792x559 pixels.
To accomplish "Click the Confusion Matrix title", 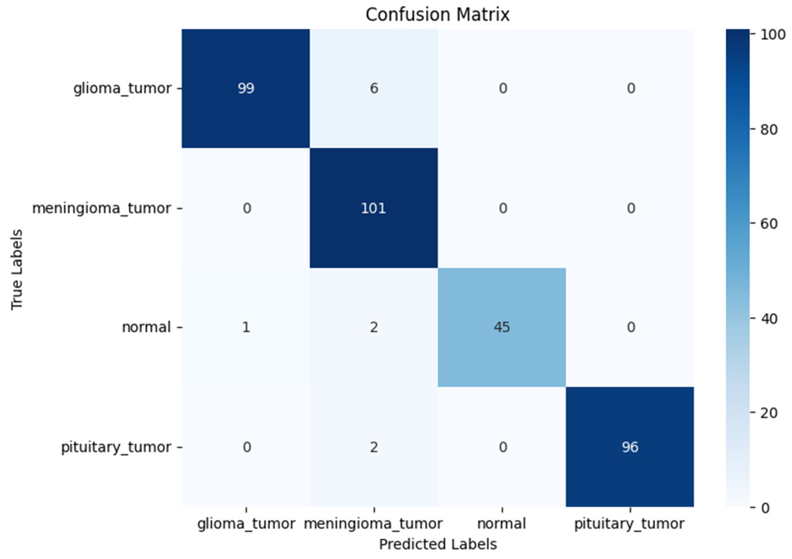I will (x=437, y=14).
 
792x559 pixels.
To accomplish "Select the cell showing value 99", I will (x=246, y=89).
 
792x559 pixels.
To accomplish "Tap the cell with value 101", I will (x=374, y=208).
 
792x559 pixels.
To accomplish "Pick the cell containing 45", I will (x=502, y=327).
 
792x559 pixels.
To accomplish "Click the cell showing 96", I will (x=630, y=447).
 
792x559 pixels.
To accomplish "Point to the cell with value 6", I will (x=374, y=89).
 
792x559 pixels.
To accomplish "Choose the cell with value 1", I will (x=246, y=327).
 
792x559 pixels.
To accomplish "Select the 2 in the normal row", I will (x=374, y=327).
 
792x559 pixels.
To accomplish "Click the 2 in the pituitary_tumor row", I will (x=374, y=447).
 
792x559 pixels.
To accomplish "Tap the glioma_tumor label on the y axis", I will (x=122, y=89).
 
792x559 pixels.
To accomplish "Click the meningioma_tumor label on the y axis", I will (x=102, y=208).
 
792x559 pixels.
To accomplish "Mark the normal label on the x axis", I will (x=502, y=523).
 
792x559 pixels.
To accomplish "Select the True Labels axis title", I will (x=17, y=270).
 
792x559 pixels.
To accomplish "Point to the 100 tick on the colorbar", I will (x=768, y=34).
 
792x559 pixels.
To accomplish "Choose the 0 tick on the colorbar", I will (x=765, y=508).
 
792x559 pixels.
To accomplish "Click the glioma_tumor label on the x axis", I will (x=246, y=523).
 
